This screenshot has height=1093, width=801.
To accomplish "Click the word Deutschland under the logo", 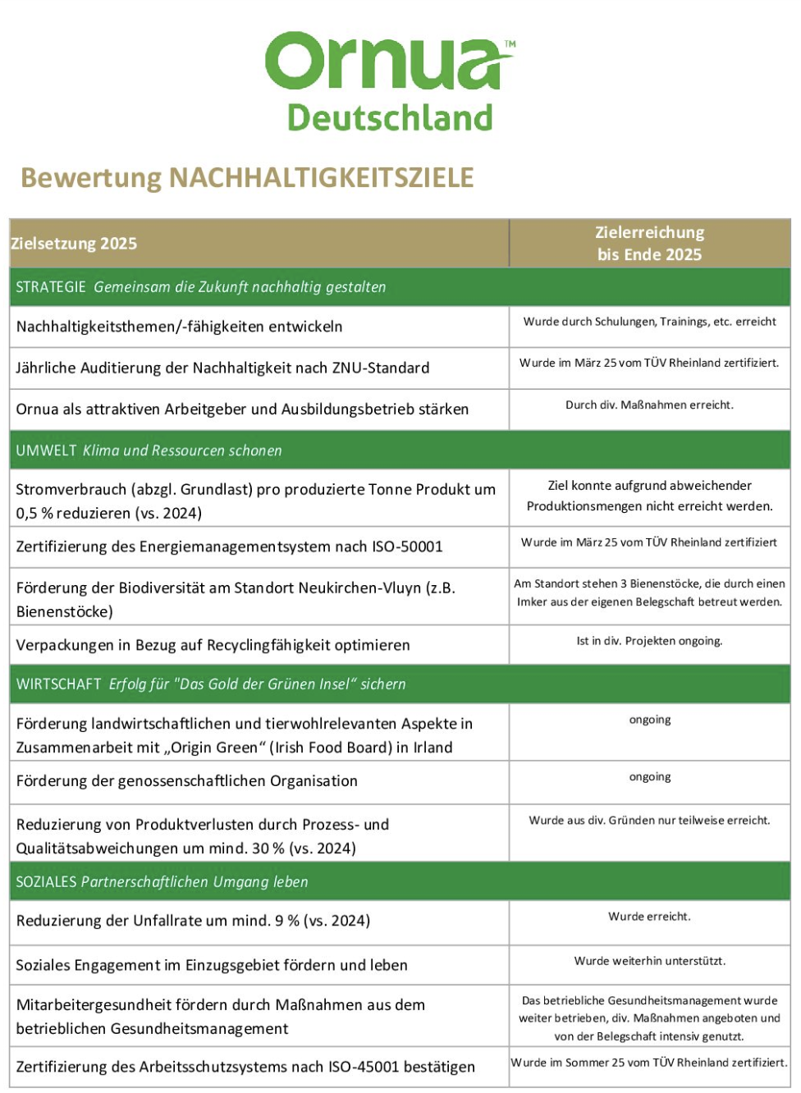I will coord(390,118).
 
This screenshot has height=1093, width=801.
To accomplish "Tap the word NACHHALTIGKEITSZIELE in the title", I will coord(321,178).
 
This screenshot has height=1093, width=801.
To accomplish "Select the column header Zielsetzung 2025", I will coord(74,244).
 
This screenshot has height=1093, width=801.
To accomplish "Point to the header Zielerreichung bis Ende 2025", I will coord(649,244).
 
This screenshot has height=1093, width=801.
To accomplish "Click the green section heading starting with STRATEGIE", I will coord(201,287).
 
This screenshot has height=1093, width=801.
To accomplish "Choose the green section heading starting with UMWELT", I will coord(149,450).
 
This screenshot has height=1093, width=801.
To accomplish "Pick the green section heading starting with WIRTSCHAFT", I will coord(211,684).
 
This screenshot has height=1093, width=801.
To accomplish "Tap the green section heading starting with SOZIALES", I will coord(162,882).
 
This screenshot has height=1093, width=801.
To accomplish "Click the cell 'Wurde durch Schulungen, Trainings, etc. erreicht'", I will coord(649,322).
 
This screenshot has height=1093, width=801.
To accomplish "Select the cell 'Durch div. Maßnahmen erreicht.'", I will coord(649,405).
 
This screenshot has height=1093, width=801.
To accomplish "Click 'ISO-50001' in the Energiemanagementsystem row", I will coord(407,546).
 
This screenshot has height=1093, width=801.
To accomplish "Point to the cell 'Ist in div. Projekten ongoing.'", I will coord(649,641).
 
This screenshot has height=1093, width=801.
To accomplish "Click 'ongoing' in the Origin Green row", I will coord(650,720).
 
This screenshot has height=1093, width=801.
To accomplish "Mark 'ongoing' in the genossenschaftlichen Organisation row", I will coord(650,777).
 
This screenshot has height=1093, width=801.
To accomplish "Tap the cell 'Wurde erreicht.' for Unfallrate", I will coord(649,917).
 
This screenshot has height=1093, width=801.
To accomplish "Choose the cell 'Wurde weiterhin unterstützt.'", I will coord(649,961).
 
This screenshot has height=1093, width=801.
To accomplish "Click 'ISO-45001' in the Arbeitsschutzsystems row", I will coord(364,1067).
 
